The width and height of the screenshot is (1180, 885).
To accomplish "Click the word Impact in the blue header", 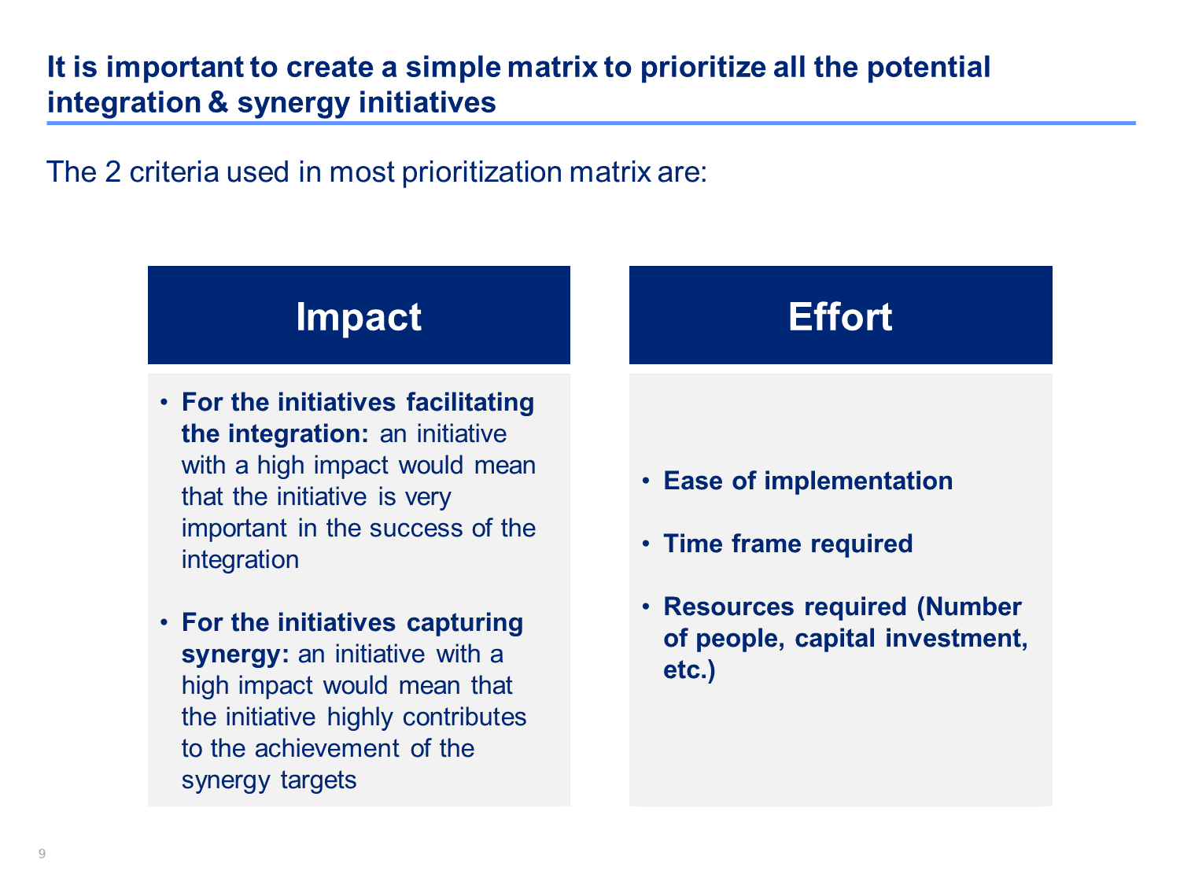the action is click(358, 316).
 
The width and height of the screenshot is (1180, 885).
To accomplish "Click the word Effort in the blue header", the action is click(839, 316).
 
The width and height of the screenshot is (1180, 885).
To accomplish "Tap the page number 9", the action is click(42, 854).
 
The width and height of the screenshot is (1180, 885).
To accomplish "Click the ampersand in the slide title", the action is click(218, 101).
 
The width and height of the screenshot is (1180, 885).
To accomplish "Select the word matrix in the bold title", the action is click(552, 67).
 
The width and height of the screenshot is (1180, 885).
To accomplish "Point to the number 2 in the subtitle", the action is click(113, 172).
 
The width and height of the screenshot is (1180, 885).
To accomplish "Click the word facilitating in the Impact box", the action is click(470, 403).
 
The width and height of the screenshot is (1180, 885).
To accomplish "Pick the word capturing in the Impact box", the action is click(464, 623).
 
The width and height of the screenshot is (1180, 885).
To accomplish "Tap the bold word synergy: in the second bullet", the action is click(235, 655).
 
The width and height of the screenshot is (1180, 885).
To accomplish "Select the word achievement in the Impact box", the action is click(326, 749).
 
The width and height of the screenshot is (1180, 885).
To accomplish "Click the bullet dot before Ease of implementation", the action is click(646, 481).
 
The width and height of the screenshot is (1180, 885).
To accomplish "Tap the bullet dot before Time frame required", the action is click(646, 544).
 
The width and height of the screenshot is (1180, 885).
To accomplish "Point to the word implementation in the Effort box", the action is click(858, 481).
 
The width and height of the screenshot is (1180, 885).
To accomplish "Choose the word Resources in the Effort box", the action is click(728, 607).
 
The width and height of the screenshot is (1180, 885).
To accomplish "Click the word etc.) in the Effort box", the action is click(689, 670).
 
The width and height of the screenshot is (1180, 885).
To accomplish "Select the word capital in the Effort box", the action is click(835, 639).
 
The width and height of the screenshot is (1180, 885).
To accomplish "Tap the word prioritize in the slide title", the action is click(703, 68).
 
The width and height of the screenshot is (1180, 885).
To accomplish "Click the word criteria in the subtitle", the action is click(174, 172).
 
